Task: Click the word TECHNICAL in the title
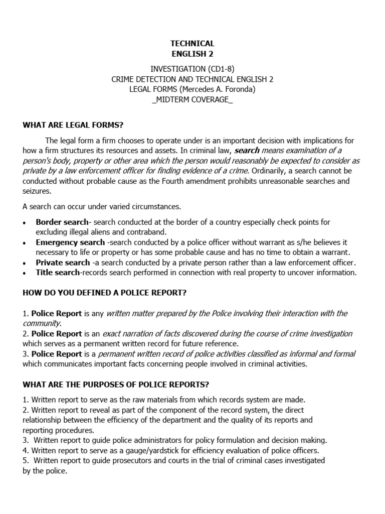[192, 43]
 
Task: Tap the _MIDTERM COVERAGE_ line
[192, 99]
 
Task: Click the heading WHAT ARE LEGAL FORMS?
[73, 124]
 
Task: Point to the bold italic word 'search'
[247, 151]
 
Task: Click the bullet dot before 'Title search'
[25, 273]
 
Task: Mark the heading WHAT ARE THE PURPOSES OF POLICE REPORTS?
[116, 384]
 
